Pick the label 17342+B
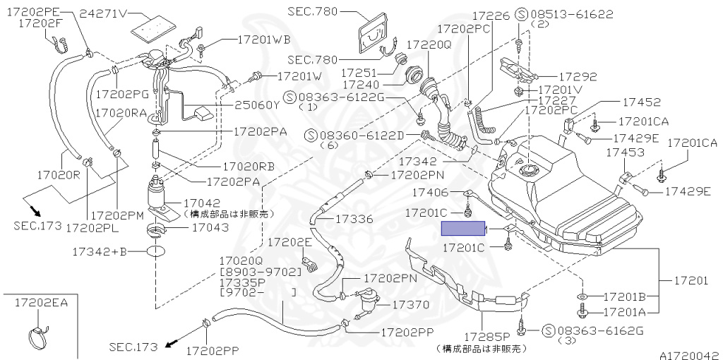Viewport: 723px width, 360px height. tap(99, 251)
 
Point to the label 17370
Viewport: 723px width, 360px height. tap(410, 305)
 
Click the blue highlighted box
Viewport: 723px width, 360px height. tap(463, 229)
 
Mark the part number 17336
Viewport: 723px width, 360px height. tap(355, 219)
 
